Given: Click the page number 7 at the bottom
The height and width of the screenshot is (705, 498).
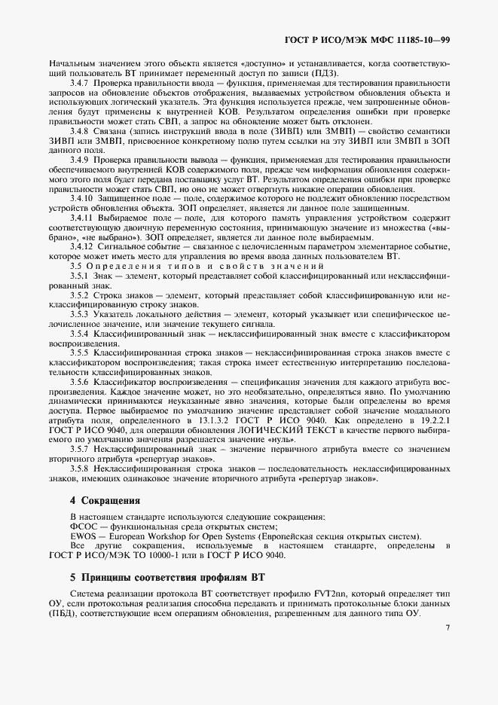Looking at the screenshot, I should [447, 627].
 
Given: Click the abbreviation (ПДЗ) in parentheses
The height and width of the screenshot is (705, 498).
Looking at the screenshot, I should [323, 72].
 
